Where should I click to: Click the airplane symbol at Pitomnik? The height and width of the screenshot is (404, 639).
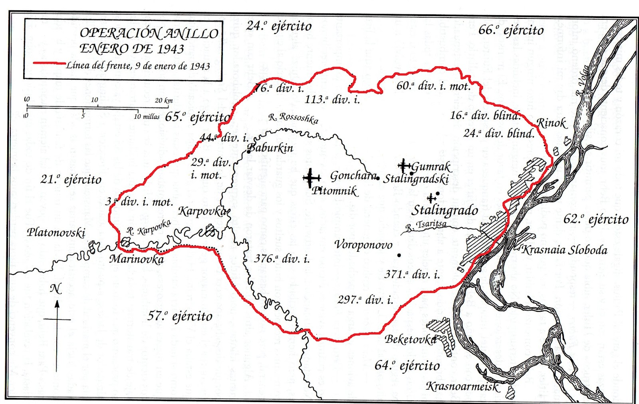pyautogui.click(x=311, y=178)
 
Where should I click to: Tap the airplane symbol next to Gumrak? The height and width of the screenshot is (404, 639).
pyautogui.click(x=404, y=165)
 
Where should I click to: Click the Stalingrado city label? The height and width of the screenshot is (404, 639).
pyautogui.click(x=445, y=210)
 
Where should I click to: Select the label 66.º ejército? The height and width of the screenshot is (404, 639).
pyautogui.click(x=511, y=30)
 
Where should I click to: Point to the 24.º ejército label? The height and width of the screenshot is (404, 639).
pyautogui.click(x=279, y=26)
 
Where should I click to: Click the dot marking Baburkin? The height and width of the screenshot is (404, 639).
pyautogui.click(x=248, y=151)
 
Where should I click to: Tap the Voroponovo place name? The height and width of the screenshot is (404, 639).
pyautogui.click(x=363, y=245)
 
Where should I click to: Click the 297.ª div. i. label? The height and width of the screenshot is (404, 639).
pyautogui.click(x=365, y=299)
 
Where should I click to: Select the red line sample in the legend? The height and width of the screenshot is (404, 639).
pyautogui.click(x=50, y=64)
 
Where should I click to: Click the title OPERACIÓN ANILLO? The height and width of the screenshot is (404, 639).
pyautogui.click(x=149, y=33)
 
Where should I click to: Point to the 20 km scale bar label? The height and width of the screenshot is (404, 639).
pyautogui.click(x=163, y=100)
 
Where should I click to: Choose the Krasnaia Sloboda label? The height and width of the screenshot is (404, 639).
pyautogui.click(x=564, y=250)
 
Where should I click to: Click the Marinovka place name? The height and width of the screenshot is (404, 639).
pyautogui.click(x=137, y=259)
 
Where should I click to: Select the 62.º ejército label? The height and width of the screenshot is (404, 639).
pyautogui.click(x=596, y=219)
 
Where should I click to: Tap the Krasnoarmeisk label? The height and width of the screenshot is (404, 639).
pyautogui.click(x=462, y=386)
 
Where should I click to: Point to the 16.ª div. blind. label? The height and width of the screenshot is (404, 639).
pyautogui.click(x=485, y=115)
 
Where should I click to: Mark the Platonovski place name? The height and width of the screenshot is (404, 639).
pyautogui.click(x=56, y=233)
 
